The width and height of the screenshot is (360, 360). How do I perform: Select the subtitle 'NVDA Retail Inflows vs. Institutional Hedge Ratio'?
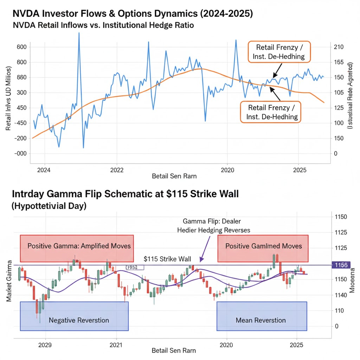pyautogui.click(x=103, y=26)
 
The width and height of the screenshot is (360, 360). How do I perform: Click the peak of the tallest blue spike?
pyautogui.click(x=79, y=33)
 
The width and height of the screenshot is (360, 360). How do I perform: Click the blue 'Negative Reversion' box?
pyautogui.click(x=74, y=316)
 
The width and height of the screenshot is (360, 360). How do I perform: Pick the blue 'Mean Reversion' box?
pyautogui.click(x=262, y=316)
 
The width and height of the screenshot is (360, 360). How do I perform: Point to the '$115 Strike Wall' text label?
pyautogui.click(x=168, y=259)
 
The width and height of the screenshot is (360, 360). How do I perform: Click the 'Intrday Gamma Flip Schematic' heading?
pyautogui.click(x=126, y=194)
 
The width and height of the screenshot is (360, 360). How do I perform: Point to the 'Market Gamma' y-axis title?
pyautogui.click(x=9, y=281)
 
